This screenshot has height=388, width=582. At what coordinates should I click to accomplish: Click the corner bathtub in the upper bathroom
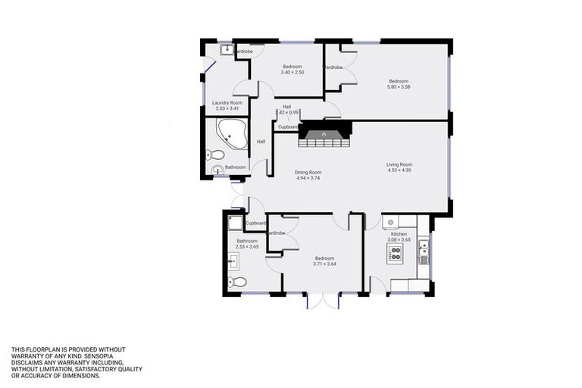coord(230,134)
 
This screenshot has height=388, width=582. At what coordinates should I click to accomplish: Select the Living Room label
coord(399,164)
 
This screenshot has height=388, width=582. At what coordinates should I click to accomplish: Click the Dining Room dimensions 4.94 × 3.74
coord(308,179)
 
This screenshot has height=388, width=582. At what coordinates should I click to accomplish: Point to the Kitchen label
coord(399,234)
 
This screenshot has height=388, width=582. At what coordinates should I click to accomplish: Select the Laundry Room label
coord(227,102)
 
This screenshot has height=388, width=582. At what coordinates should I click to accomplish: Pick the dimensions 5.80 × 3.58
coord(399,87)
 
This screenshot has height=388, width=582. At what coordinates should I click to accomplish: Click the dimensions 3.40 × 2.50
coord(293,72)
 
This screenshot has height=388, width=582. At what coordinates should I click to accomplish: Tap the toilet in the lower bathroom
coord(238,282)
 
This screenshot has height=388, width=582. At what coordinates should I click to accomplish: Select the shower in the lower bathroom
coord(235,223)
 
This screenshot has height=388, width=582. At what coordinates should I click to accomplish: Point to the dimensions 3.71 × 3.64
coord(324,264)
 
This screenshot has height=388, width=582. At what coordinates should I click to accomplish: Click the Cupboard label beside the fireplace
coord(288,127)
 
